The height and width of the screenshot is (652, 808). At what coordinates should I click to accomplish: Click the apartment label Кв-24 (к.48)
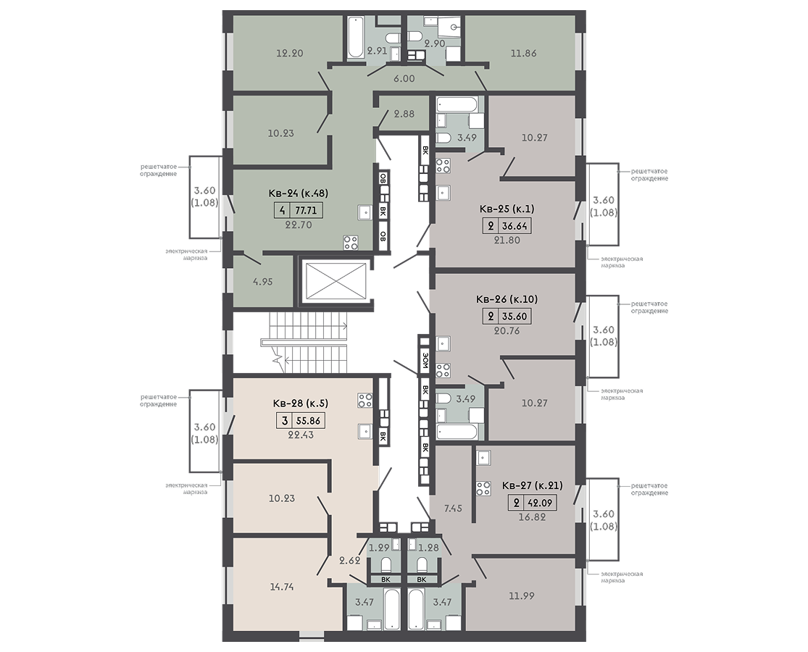pyautogui.click(x=299, y=193)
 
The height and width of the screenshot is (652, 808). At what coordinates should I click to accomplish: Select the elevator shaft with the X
pyautogui.click(x=336, y=280)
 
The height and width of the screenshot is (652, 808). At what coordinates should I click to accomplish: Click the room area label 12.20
pyautogui.click(x=290, y=53)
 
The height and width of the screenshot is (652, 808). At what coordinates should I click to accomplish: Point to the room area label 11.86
pyautogui.click(x=523, y=53)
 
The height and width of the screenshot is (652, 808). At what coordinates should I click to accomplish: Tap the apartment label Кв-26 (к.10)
pyautogui.click(x=507, y=299)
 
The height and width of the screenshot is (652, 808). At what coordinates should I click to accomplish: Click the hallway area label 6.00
pyautogui.click(x=404, y=79)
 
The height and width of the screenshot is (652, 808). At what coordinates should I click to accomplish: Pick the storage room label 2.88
pyautogui.click(x=404, y=114)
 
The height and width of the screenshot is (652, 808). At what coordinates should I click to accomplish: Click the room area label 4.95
pyautogui.click(x=263, y=282)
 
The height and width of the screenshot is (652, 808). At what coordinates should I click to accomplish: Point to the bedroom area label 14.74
pyautogui.click(x=282, y=587)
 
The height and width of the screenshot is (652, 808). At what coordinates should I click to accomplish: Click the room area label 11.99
pyautogui.click(x=522, y=596)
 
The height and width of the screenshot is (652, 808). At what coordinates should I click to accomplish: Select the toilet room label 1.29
pyautogui.click(x=379, y=548)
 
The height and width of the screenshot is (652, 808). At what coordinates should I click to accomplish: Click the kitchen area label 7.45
pyautogui.click(x=453, y=509)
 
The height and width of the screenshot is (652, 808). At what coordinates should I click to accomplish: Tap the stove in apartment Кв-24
pyautogui.click(x=351, y=242)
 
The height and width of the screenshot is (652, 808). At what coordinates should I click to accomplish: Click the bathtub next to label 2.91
pyautogui.click(x=355, y=38)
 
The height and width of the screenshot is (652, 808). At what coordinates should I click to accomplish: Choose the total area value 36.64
pyautogui.click(x=515, y=225)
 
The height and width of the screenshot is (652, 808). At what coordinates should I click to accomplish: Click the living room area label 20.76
pyautogui.click(x=507, y=331)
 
